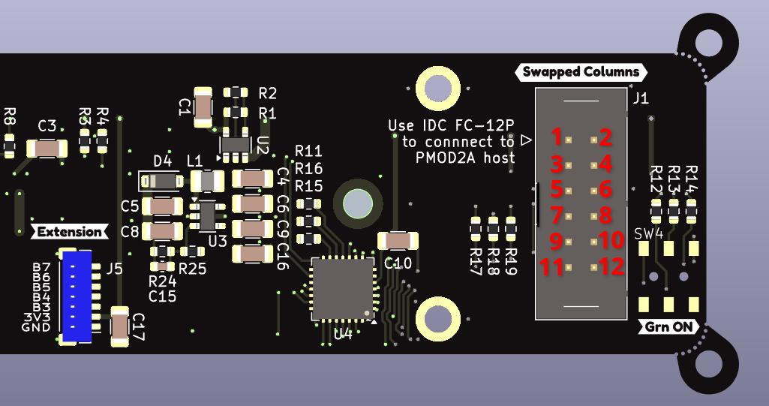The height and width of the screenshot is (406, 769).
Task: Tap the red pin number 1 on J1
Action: [x=556, y=137]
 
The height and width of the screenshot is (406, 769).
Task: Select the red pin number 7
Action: [x=556, y=215]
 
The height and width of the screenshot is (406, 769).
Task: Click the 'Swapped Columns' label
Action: [x=581, y=72]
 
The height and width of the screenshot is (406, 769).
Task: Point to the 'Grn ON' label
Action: [x=670, y=327]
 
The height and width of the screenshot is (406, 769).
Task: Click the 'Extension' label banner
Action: [x=69, y=232]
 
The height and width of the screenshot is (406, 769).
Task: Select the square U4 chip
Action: [x=342, y=289]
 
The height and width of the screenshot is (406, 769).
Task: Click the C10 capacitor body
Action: [x=398, y=241]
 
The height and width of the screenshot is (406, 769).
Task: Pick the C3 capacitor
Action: [x=47, y=149]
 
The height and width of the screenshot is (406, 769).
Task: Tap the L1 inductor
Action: [x=207, y=181]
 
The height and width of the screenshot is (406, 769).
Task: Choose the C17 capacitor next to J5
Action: [x=120, y=326]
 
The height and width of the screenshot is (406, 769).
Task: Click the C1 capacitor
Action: [x=203, y=107]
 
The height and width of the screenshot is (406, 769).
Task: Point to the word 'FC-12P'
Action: [x=488, y=125]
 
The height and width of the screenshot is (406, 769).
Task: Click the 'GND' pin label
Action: [x=36, y=327]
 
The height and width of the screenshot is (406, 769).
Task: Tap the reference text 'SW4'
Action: [x=649, y=233]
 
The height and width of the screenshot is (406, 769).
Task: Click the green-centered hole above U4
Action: [x=358, y=203]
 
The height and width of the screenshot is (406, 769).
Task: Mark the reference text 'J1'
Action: [x=641, y=98]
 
